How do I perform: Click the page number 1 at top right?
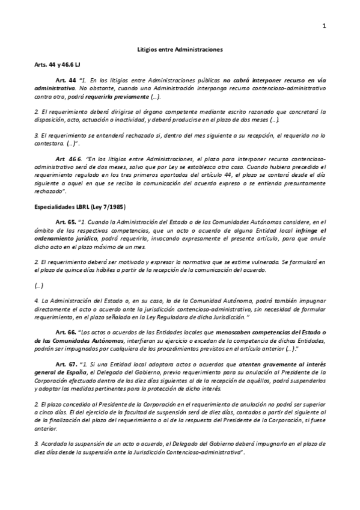[324, 25]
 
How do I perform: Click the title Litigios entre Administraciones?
[180, 51]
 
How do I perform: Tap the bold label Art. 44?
[66, 80]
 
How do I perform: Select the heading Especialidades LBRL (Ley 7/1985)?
[76, 207]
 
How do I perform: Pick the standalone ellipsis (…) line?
[39, 286]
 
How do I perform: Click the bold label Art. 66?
[66, 332]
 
